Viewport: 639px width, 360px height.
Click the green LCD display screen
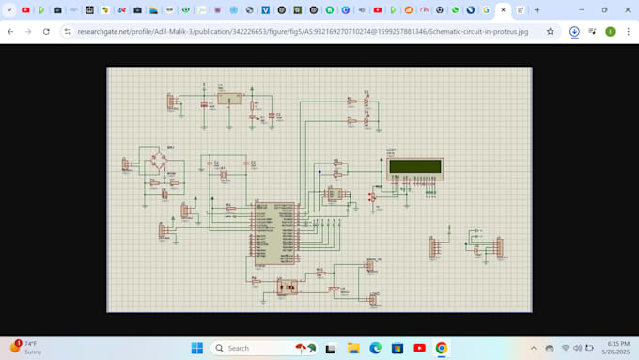tap(414, 167)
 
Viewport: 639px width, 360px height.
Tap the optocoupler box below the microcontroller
tap(287, 286)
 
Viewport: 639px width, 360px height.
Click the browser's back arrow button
tap(10, 31)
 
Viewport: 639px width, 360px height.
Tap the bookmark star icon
tap(551, 31)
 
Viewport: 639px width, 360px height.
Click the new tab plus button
tap(537, 10)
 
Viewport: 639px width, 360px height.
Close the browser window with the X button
tap(627, 10)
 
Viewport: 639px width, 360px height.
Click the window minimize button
tap(579, 10)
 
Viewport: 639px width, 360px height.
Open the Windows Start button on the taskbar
tap(197, 348)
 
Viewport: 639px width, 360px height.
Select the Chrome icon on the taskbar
tap(441, 348)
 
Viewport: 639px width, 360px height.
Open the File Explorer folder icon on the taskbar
tap(353, 348)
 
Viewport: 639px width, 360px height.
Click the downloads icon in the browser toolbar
tap(574, 31)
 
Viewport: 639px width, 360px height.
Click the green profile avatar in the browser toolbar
tap(610, 31)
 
